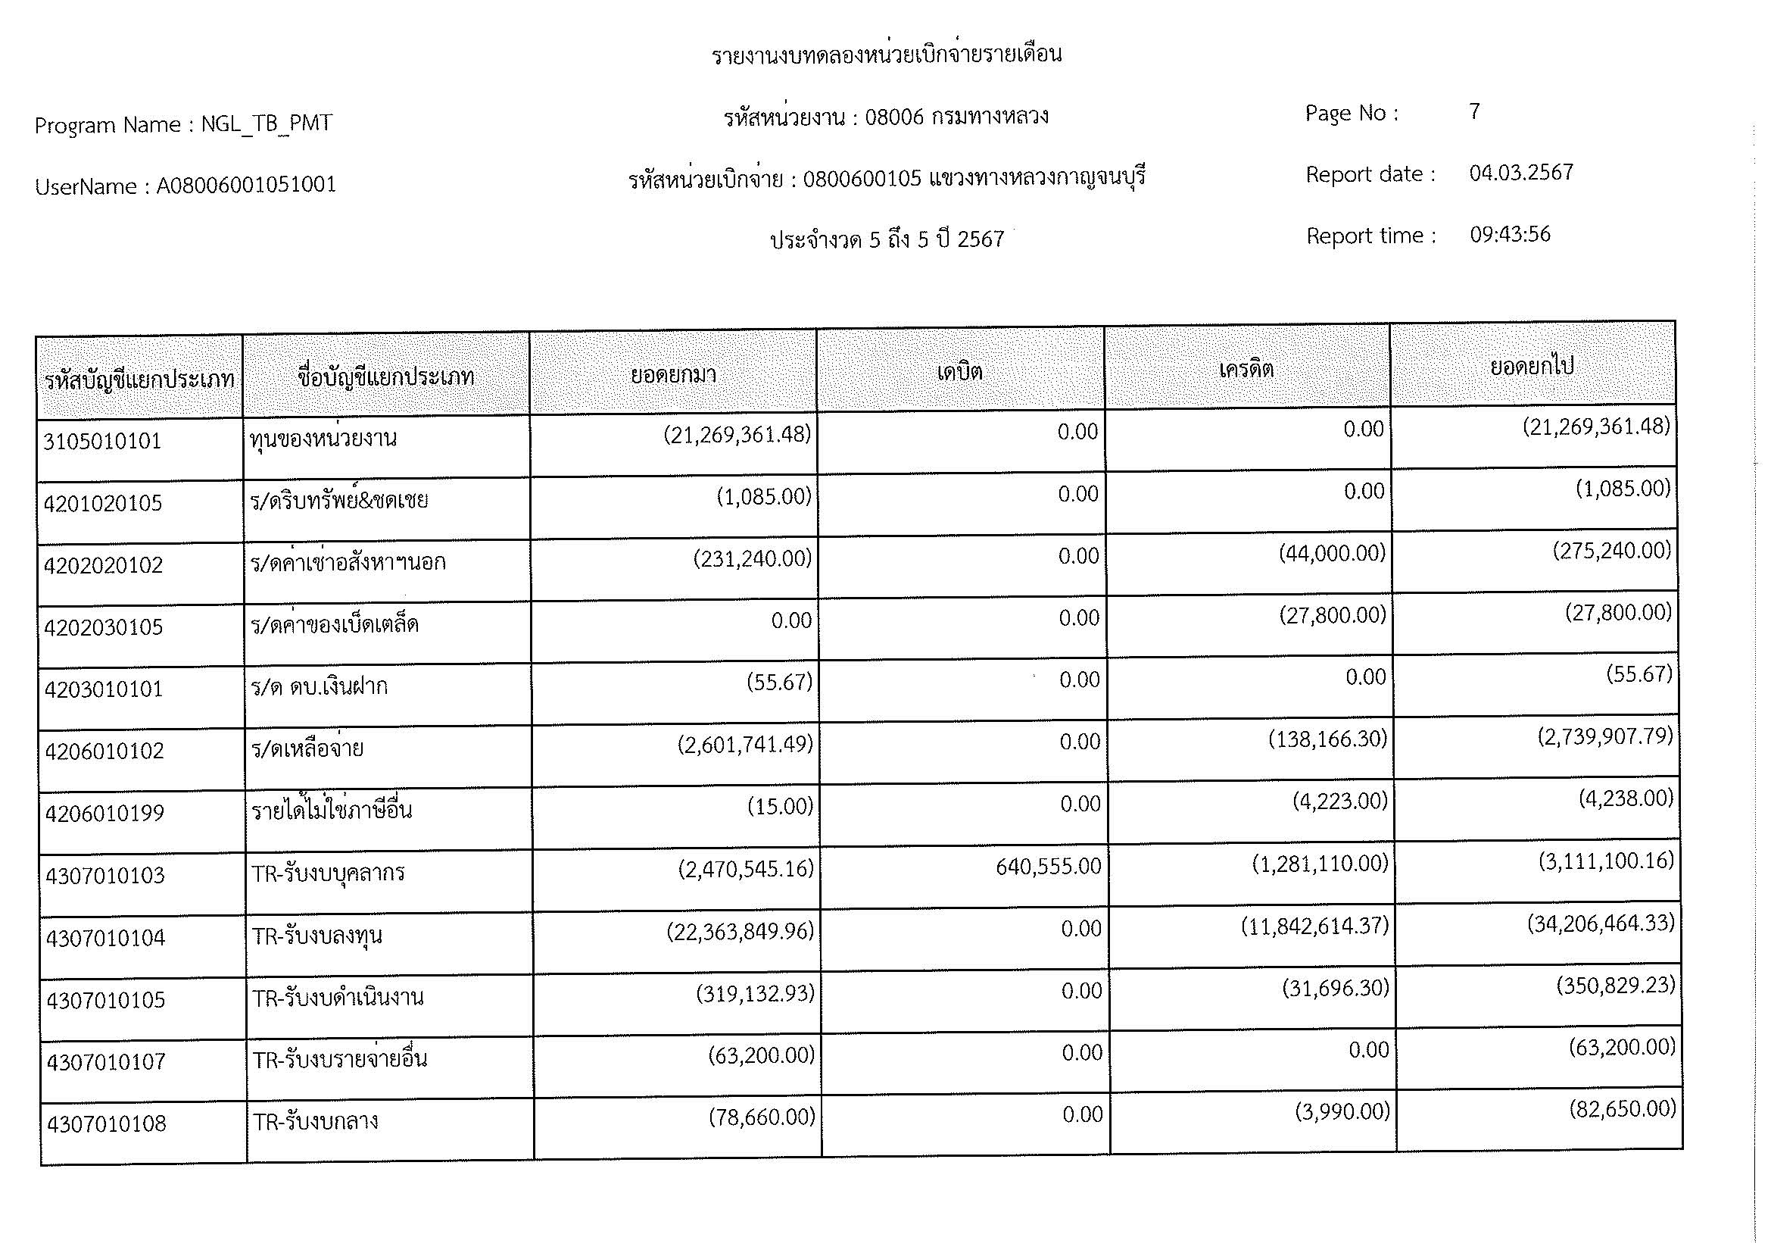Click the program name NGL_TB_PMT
coord(266,123)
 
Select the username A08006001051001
coord(246,185)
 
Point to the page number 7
coord(1474,112)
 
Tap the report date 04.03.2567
coord(1520,173)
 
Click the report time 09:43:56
coord(1510,235)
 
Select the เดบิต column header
coord(959,372)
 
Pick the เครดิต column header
coord(1246,369)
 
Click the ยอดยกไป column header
coord(1531,366)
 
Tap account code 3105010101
coord(102,442)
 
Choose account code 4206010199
coord(104,813)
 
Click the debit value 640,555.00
coord(1047,867)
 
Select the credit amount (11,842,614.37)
coord(1314,925)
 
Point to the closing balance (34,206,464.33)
coord(1601,923)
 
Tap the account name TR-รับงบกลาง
coord(316,1121)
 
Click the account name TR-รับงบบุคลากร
coord(328,873)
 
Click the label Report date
coord(1370,174)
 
